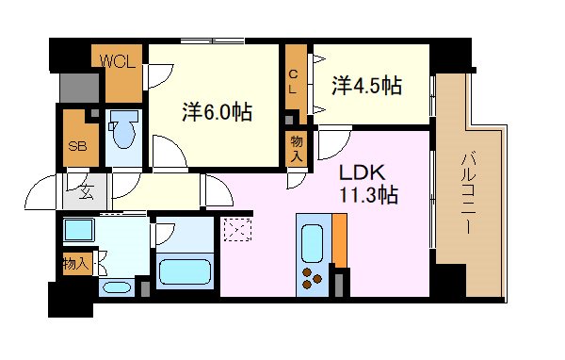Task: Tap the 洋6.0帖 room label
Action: point(216,111)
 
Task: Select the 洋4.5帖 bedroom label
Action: point(366,86)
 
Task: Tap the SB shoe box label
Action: point(75,147)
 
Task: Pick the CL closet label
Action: point(294,81)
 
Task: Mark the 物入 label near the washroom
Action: point(75,263)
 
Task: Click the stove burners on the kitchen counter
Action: point(313,277)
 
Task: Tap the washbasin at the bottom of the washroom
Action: point(117,287)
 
